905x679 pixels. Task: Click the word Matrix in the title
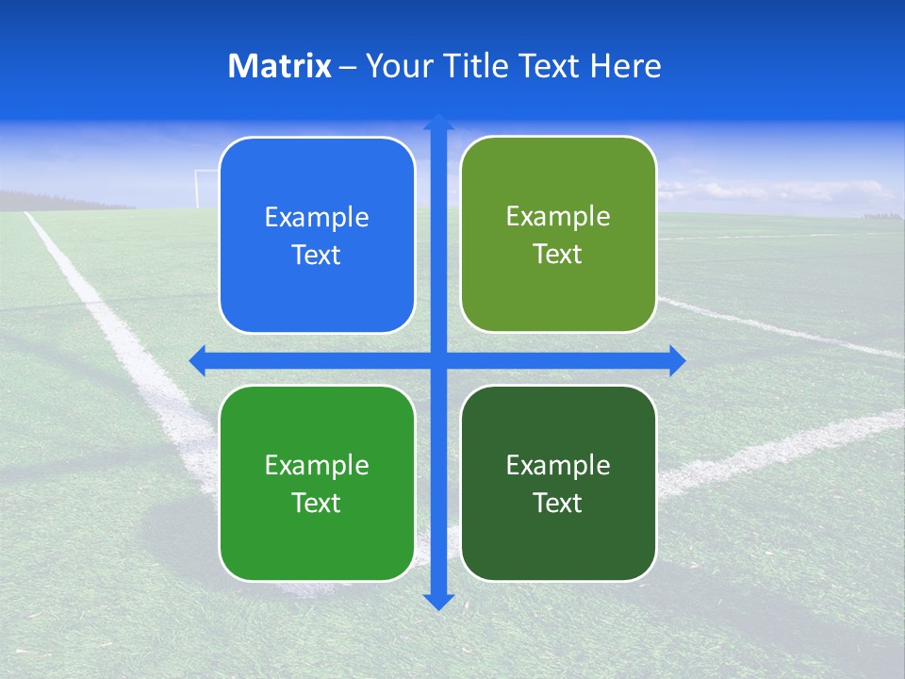click(x=280, y=66)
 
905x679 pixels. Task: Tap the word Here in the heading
click(x=625, y=66)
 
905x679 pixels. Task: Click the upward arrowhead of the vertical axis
click(x=438, y=123)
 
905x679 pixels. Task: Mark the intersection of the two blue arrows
click(x=438, y=360)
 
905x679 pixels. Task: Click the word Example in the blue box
click(x=317, y=218)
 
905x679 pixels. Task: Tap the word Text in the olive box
click(x=558, y=255)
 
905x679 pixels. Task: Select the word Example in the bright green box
click(x=317, y=465)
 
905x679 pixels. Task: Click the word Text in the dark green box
click(x=558, y=503)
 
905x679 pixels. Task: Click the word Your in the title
click(x=396, y=66)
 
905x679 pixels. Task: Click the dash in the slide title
click(x=348, y=67)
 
